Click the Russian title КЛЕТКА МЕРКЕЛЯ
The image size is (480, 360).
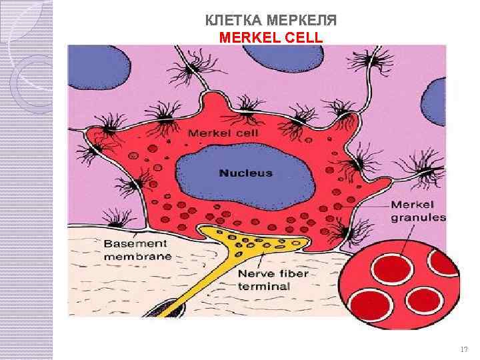tap(271, 21)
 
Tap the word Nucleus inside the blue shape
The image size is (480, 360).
tap(246, 173)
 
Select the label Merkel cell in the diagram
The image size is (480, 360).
tap(223, 133)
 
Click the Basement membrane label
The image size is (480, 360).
tap(137, 250)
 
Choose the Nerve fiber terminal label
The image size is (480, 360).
tap(264, 279)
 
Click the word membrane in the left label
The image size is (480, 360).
tap(137, 256)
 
